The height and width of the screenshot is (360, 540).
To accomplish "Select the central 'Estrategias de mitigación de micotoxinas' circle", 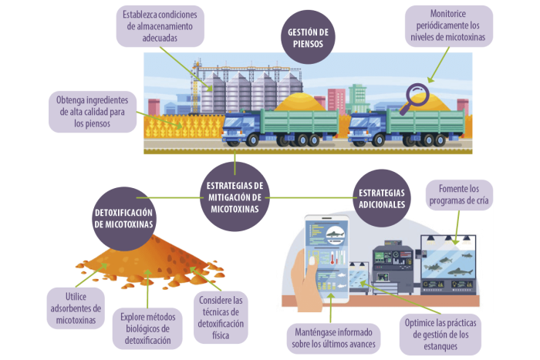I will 235,197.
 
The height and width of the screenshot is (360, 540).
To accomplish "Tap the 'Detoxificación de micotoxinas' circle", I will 123,218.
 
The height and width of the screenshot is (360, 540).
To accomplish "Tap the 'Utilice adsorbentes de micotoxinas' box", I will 76,308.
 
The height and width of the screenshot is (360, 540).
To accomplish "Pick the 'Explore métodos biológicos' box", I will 147,328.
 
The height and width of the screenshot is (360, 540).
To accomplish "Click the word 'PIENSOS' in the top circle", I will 308,44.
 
